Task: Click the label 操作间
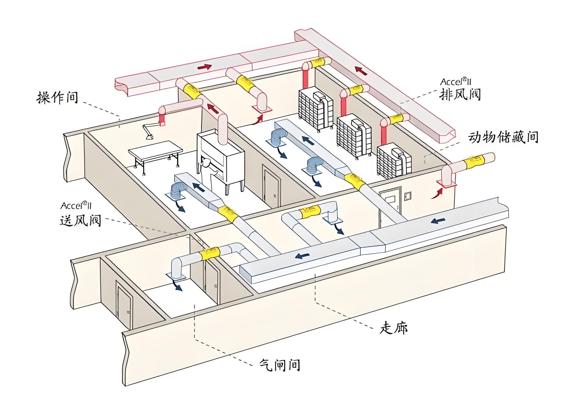coord(57,97)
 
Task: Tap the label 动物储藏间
coord(503,137)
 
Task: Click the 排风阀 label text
coord(460,95)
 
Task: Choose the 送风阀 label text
coord(80,220)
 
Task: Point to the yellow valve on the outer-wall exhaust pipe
coord(474,161)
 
